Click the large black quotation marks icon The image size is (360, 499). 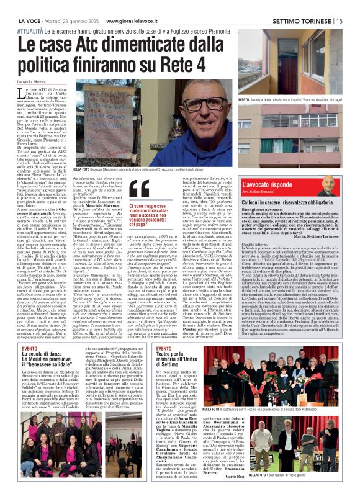140,189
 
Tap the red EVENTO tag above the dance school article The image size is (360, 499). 30,349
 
